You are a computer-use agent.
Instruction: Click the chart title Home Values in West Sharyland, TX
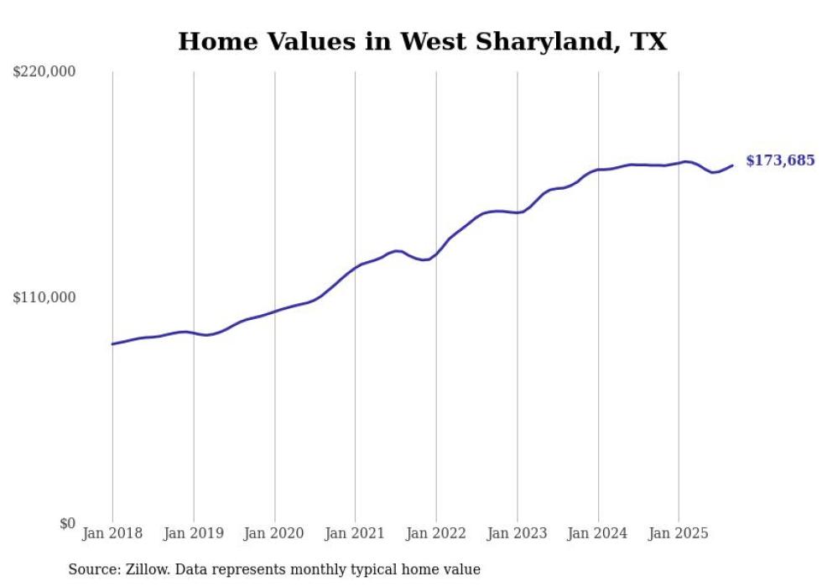422,41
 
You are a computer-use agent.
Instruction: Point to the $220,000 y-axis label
44,72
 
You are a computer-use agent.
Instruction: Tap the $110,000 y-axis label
44,297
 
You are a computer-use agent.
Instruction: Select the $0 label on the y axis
67,523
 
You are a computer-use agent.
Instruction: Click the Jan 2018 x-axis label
112,533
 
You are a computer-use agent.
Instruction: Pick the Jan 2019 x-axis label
194,533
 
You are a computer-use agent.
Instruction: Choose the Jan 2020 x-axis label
274,533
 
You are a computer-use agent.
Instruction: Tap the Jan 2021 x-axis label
356,533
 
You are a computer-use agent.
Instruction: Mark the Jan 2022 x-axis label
436,533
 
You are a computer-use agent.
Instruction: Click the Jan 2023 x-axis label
518,533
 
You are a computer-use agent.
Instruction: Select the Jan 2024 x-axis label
598,533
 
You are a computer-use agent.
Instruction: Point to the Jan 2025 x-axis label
679,533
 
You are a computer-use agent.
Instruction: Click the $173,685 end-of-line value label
780,160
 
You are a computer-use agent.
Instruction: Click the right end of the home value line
732,165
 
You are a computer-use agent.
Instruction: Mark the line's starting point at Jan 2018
112,343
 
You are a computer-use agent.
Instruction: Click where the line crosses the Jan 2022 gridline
436,253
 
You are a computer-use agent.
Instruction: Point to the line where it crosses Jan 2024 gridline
598,170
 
